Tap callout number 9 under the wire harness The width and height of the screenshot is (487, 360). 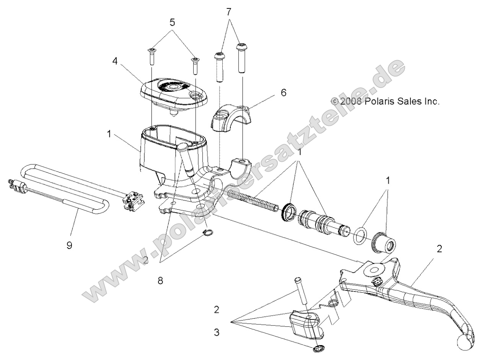click(69, 245)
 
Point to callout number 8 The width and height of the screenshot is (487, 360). click(160, 281)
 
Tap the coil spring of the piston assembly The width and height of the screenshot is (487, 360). click(253, 200)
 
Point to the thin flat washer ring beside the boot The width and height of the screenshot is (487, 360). click(358, 236)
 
